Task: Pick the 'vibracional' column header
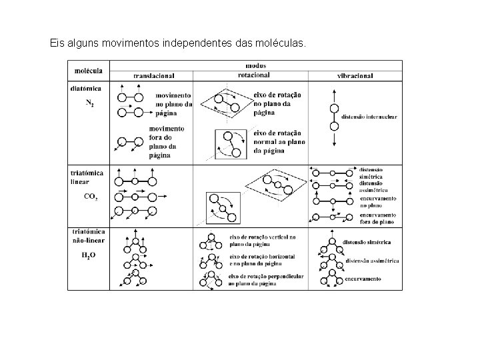click(355, 76)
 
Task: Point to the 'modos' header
click(255, 66)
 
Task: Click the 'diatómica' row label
click(86, 87)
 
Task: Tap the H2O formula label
click(89, 255)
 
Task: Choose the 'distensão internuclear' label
click(369, 117)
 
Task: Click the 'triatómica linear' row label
click(87, 175)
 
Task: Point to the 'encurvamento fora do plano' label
click(378, 218)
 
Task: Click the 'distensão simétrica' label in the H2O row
click(366, 242)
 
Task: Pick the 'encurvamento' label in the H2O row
click(363, 280)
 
